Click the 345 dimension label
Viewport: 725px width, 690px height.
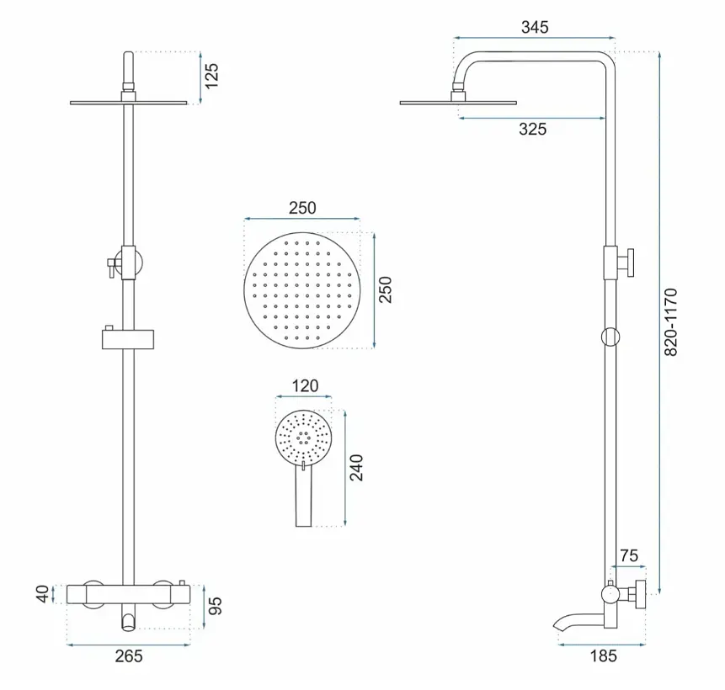(535, 27)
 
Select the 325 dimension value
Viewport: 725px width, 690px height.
(532, 129)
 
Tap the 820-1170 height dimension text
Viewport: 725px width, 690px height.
(670, 322)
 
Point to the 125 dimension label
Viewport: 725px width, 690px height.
(211, 76)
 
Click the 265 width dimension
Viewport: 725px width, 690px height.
(129, 655)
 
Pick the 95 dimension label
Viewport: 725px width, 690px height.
(215, 606)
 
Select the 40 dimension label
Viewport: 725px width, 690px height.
(42, 594)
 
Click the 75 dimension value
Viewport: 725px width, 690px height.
(629, 555)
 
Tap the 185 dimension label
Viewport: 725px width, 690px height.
(604, 655)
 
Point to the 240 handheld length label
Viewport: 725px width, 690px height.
(356, 468)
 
